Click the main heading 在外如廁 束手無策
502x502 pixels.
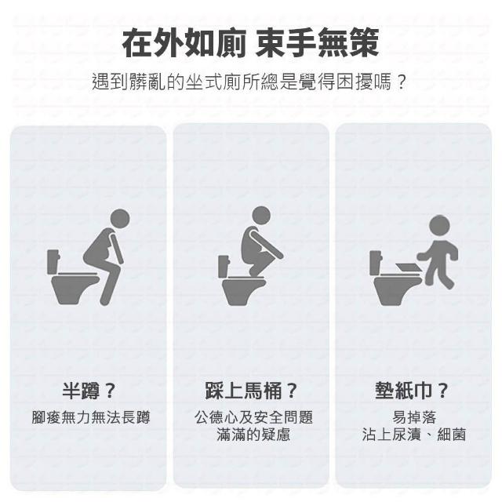coord(251,42)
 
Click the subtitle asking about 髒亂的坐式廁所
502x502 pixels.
coord(249,82)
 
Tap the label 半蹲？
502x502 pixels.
coord(89,391)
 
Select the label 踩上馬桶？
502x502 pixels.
coord(251,391)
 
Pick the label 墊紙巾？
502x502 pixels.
coord(412,391)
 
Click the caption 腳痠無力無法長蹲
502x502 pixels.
coord(91,417)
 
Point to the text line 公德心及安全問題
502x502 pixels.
coord(253,417)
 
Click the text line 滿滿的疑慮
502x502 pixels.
coord(253,435)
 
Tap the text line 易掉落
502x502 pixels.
coord(414,417)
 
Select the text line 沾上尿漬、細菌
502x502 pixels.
coord(414,435)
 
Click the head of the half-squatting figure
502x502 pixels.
coord(119,219)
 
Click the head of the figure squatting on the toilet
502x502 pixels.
coord(261,216)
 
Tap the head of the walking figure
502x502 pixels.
coord(439,225)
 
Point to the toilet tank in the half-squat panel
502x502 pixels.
coord(53,262)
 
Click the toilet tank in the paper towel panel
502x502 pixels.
coord(376,263)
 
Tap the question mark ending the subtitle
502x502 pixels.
coord(401,82)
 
